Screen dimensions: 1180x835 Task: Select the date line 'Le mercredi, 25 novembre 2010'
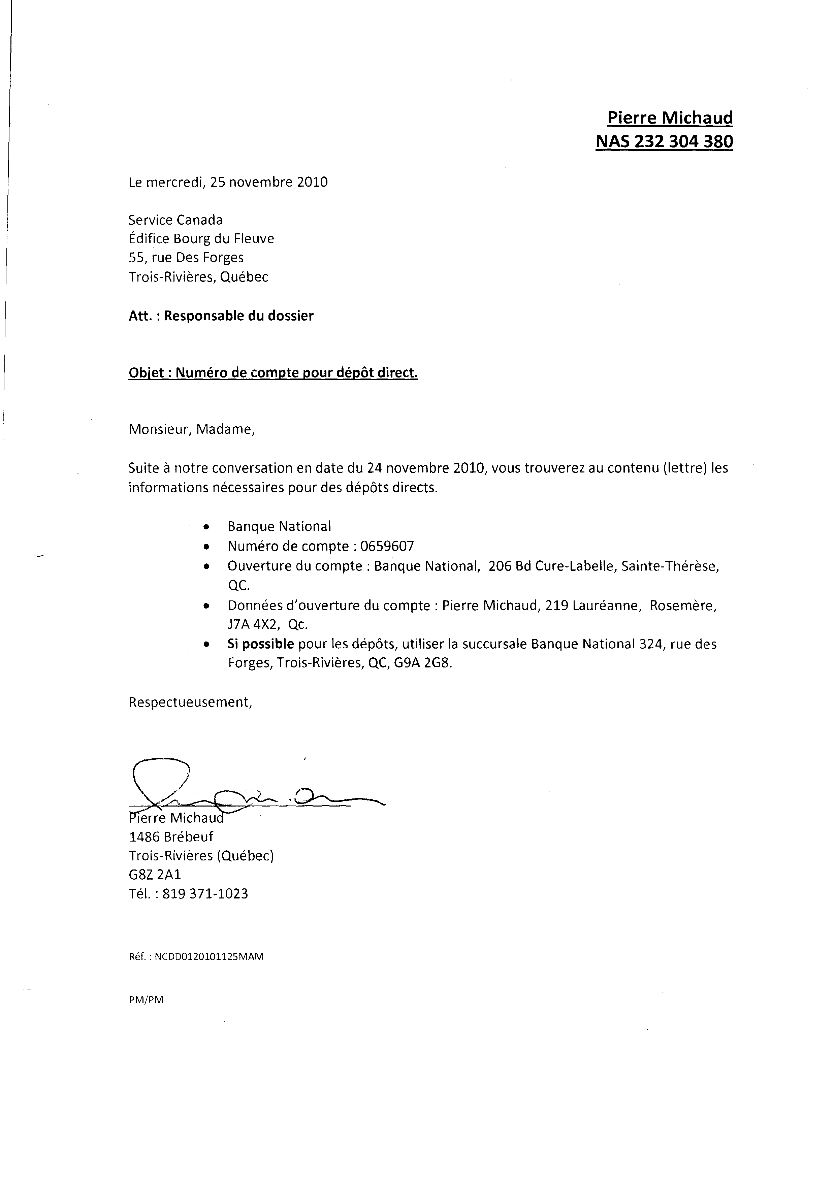click(x=228, y=182)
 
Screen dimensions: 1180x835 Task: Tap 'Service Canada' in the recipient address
click(x=175, y=220)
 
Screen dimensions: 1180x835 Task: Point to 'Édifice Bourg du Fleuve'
click(x=201, y=238)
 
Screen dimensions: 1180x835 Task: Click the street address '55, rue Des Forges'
click(x=186, y=258)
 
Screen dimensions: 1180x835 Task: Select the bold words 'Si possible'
click(x=261, y=644)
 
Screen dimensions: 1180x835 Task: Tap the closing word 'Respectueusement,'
click(x=190, y=702)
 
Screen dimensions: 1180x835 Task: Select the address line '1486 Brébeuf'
click(x=171, y=837)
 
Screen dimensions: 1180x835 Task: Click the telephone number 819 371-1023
click(x=205, y=894)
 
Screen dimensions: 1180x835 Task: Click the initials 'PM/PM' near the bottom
click(x=146, y=1000)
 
